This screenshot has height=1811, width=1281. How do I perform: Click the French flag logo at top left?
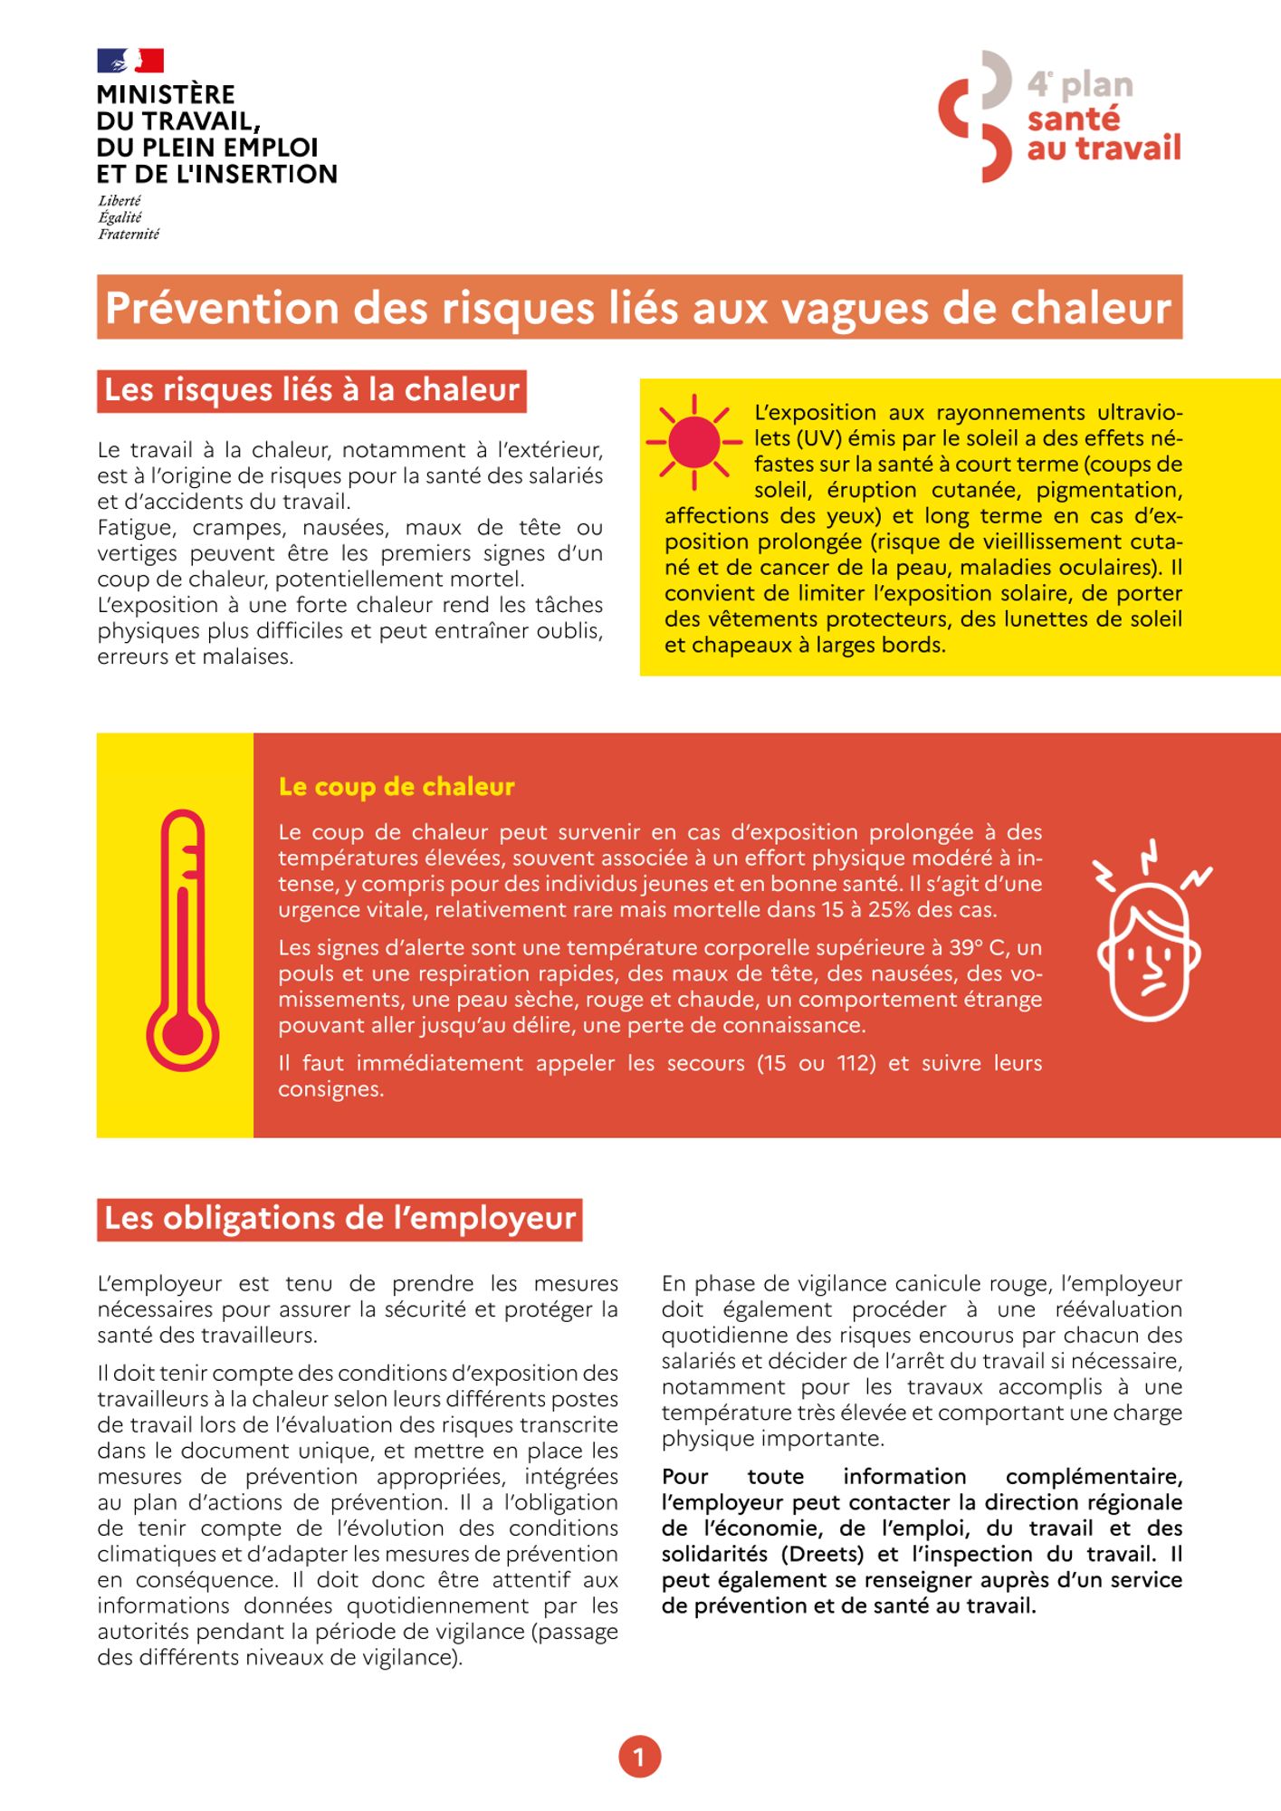130,61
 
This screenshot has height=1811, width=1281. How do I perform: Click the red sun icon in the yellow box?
693,443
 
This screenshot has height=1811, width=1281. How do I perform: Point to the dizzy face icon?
1150,933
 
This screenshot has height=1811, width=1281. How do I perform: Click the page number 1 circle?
639,1758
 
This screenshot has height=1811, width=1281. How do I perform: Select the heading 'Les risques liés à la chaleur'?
311,390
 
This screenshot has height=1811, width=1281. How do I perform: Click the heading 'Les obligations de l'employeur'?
339,1219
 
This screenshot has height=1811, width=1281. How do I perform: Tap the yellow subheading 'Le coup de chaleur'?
397,787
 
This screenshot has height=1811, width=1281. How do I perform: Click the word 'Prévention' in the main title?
222,308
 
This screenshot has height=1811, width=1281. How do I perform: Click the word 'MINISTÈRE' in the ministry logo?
166,94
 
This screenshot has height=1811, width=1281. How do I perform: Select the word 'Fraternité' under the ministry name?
129,235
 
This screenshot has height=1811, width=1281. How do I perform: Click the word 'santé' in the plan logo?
1074,119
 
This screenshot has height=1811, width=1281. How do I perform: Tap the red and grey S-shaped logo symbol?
976,116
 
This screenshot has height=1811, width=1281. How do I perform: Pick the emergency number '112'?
856,1063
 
